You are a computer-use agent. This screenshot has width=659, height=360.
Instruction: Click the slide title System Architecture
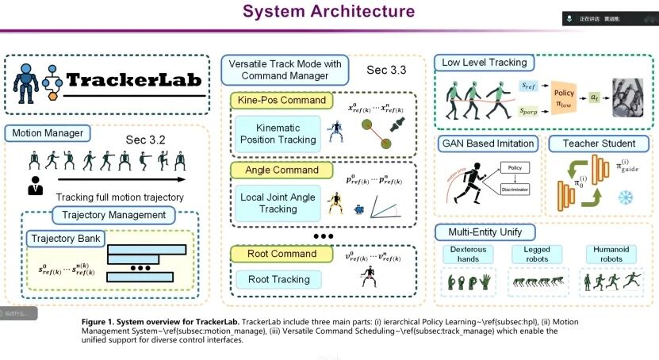click(328, 11)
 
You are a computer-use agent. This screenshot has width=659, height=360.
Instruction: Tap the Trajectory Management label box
click(113, 215)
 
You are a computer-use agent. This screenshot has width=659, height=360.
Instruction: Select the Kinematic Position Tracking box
click(275, 134)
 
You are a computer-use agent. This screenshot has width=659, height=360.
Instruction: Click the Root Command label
click(272, 254)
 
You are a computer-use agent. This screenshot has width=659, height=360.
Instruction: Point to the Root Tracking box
click(278, 279)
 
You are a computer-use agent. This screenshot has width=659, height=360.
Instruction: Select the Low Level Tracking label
click(485, 63)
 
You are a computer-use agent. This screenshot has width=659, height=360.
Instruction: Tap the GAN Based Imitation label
click(487, 144)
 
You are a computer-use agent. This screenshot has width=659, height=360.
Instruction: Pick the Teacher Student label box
click(599, 144)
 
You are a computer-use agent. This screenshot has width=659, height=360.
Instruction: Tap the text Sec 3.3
click(386, 71)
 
